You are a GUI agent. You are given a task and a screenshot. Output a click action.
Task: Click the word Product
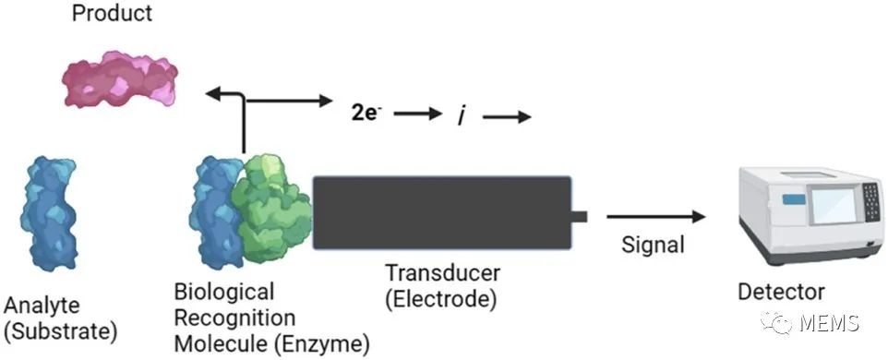tap(112, 12)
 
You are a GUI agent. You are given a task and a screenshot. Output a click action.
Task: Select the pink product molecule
tap(119, 78)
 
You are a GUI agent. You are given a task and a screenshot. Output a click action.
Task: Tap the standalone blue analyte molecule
tap(48, 214)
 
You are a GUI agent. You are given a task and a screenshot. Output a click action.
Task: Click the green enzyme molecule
tap(273, 208)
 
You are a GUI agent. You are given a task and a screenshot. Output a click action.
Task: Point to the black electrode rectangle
tap(442, 213)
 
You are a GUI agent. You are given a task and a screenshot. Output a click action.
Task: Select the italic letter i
tap(461, 116)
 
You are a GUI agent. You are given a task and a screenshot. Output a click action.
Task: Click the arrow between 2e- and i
tap(417, 114)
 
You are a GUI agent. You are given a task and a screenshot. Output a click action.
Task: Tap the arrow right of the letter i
tap(506, 116)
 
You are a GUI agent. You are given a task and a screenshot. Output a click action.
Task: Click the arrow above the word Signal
tap(655, 216)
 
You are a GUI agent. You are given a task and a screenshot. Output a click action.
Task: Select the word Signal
tap(653, 246)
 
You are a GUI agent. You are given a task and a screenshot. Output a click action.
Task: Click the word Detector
tap(781, 292)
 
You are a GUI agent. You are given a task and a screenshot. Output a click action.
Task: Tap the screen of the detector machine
tap(834, 206)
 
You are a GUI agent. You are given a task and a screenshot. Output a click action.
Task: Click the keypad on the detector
tap(871, 201)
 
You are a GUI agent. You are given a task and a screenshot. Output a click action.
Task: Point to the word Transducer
tap(443, 273)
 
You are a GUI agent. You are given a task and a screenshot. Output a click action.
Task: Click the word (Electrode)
tap(440, 298)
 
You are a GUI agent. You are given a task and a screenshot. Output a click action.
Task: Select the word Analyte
tap(42, 306)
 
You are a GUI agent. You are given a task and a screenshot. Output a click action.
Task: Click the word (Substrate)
tap(61, 331)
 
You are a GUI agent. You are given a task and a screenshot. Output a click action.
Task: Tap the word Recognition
tap(234, 318)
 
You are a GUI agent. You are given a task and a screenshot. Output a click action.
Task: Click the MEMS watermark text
tap(830, 323)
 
